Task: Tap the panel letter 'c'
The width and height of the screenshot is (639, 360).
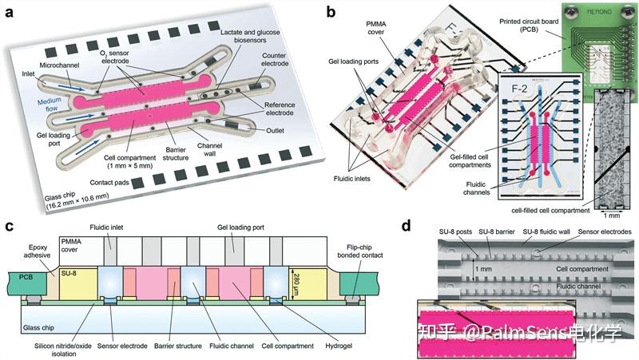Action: coord(9,226)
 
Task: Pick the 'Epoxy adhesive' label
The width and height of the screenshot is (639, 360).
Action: coord(35,253)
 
